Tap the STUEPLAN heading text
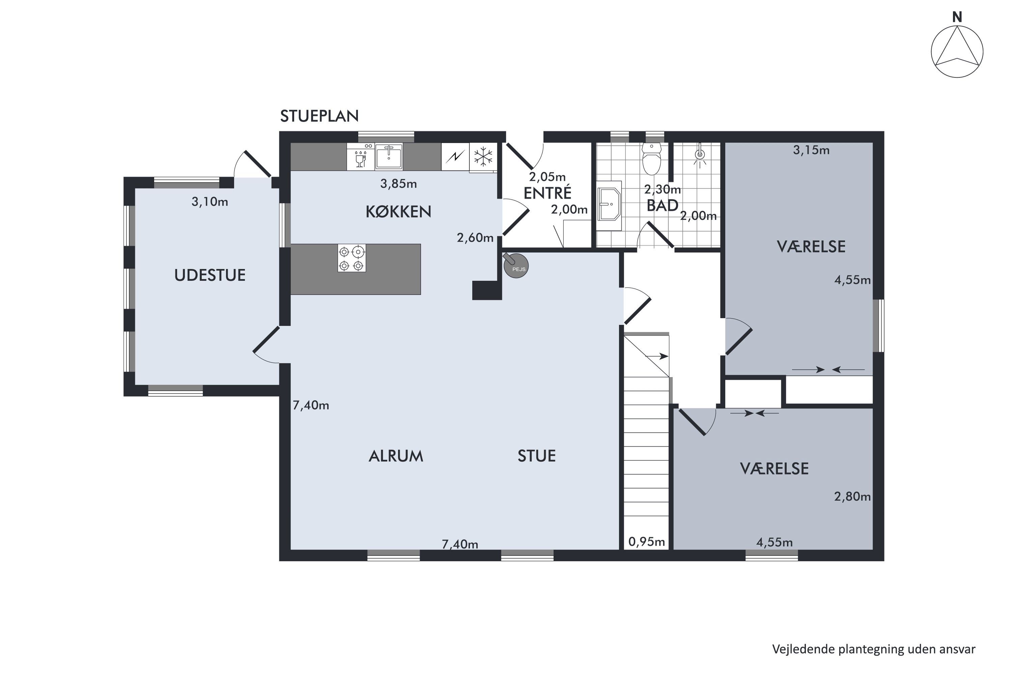pyautogui.click(x=319, y=116)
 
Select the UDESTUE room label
pyautogui.click(x=210, y=275)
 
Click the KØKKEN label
pyautogui.click(x=398, y=212)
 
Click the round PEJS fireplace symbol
pyautogui.click(x=515, y=265)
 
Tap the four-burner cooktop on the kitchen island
pyautogui.click(x=352, y=258)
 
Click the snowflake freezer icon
pyautogui.click(x=483, y=156)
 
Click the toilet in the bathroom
pyautogui.click(x=651, y=159)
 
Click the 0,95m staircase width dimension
pyautogui.click(x=647, y=542)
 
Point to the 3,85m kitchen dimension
pyautogui.click(x=398, y=184)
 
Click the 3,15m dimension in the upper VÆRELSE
pyautogui.click(x=811, y=150)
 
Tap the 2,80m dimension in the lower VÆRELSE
pyautogui.click(x=852, y=497)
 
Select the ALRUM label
pyautogui.click(x=396, y=456)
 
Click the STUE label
pyautogui.click(x=537, y=456)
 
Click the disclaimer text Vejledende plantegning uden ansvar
pyautogui.click(x=873, y=649)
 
